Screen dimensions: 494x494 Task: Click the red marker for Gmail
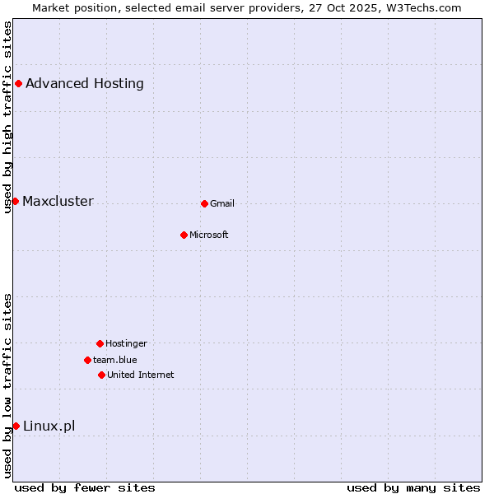point(204,203)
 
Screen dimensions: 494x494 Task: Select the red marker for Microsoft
point(184,235)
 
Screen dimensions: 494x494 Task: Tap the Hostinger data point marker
point(100,343)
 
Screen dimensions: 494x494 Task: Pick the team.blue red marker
point(87,360)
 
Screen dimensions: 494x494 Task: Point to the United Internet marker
point(101,375)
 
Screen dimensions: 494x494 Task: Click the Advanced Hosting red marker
point(18,83)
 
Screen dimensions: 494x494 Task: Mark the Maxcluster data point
point(15,201)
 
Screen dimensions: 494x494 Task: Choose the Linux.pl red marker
point(16,426)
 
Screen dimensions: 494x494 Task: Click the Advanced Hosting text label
point(85,83)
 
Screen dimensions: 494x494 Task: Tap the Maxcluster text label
point(58,202)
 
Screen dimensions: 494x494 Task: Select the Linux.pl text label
point(49,426)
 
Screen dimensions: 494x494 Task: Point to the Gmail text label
point(222,204)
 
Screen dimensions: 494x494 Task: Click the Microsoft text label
point(209,235)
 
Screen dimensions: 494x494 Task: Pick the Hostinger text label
point(126,344)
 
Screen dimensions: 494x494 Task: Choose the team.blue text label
point(115,360)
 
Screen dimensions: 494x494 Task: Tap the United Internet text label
point(141,375)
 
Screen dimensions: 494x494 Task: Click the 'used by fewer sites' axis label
point(85,487)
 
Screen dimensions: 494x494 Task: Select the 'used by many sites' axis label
point(413,487)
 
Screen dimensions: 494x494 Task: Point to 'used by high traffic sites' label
point(8,117)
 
